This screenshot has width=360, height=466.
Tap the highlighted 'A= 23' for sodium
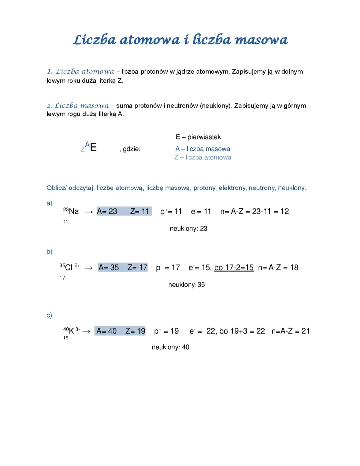pos(107,211)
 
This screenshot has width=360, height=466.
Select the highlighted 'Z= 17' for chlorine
pos(137,268)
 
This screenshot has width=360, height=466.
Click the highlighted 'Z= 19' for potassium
pos(135,331)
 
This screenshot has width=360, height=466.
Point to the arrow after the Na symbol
pos(89,212)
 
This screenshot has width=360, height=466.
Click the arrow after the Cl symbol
pos(88,268)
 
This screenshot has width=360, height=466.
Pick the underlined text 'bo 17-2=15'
pos(234,268)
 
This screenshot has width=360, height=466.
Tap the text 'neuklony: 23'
pos(188,228)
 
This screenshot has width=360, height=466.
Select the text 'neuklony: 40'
pos(170,347)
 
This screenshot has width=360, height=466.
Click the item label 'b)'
pos(49,252)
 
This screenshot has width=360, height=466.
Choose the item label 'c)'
pos(49,315)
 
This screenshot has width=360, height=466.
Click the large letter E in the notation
pos(93,147)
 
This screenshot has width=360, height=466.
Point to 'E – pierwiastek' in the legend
pos(198,137)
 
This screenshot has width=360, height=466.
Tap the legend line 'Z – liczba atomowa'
pos(203,157)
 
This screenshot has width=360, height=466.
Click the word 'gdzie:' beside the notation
pos(132,149)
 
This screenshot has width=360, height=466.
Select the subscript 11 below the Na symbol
pos(66,222)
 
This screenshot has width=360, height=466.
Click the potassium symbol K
pos(71,331)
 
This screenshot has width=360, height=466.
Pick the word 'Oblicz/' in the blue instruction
pos(57,188)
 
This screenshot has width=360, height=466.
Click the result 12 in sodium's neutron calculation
pos(285,211)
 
